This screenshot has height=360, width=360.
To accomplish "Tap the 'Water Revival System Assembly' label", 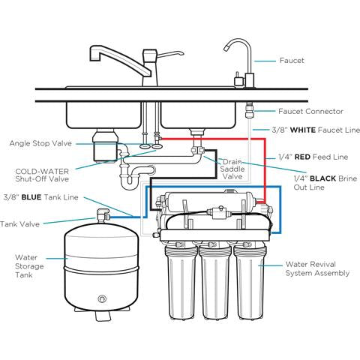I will coord(317,268).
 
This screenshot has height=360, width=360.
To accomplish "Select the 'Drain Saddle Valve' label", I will coord(232,169).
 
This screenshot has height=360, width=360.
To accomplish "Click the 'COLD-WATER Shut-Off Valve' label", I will coord(45,175).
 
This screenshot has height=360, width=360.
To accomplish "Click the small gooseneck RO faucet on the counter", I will coord(241,60).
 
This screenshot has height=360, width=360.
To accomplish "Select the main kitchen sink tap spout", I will coord(101,54).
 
